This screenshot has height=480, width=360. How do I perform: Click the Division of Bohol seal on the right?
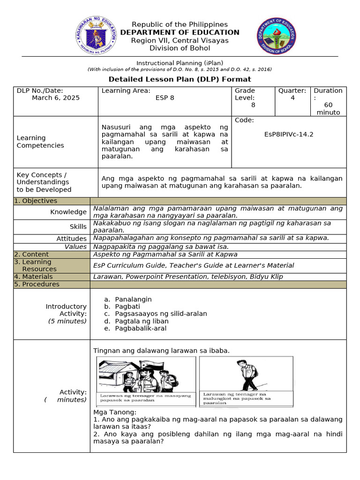tap(275, 36)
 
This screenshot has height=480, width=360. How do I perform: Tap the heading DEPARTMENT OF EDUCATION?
tap(180, 32)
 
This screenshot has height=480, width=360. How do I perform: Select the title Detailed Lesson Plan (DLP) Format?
tap(180, 79)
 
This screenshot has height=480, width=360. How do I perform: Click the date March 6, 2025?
tap(56, 98)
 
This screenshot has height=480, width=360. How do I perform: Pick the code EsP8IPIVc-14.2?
tap(289, 134)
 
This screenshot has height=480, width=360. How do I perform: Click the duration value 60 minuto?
tap(328, 109)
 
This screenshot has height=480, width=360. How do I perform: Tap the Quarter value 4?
tap(292, 98)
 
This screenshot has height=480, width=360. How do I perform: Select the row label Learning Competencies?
tap(33, 142)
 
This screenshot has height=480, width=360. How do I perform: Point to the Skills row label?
tap(78, 227)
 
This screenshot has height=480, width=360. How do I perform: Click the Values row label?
tap(75, 247)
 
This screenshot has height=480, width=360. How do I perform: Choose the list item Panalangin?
tap(133, 299)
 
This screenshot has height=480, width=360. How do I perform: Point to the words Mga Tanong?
tap(115, 412)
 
